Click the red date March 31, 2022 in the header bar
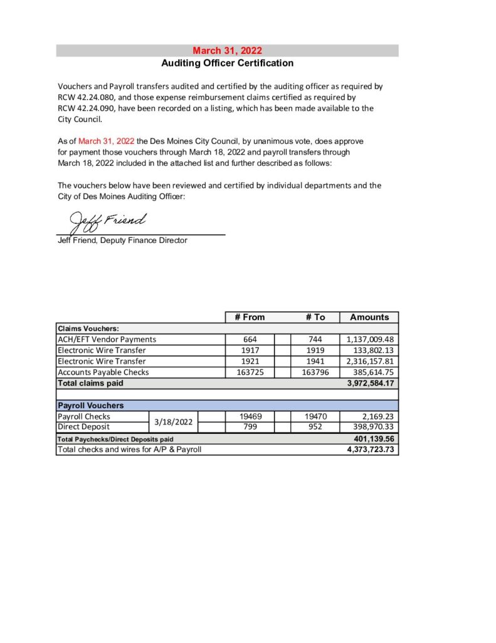227,51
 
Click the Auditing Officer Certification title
227,63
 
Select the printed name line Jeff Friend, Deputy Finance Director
122,240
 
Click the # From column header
250,317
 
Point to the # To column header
315,317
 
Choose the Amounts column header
369,317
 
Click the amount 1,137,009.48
370,340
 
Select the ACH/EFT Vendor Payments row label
107,340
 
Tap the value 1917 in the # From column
250,350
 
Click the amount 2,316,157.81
370,361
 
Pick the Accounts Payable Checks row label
103,372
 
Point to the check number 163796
315,372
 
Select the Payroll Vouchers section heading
91,406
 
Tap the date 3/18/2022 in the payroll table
173,421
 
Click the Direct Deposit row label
83,427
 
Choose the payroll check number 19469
250,416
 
